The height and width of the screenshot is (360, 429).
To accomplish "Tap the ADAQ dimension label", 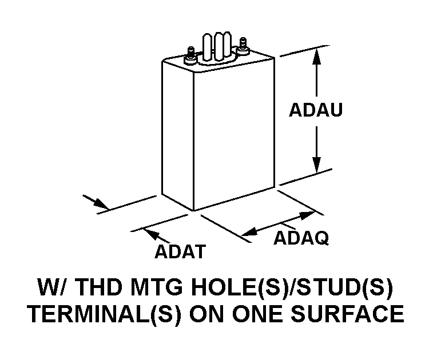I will pos(301,238).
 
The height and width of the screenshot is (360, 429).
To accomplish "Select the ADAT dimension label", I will pos(180,252).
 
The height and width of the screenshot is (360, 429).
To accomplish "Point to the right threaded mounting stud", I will pos(244,44).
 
